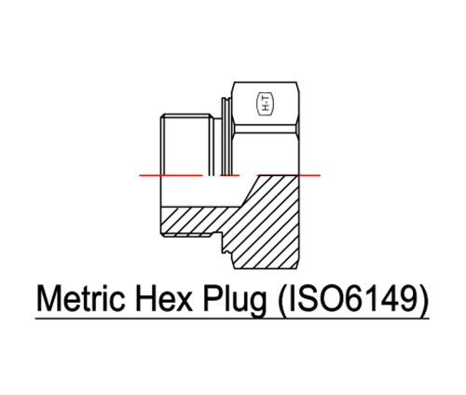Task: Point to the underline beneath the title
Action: coord(233,320)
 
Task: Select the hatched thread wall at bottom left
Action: coord(191,221)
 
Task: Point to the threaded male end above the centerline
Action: coord(182,140)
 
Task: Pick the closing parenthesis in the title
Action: coord(425,301)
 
